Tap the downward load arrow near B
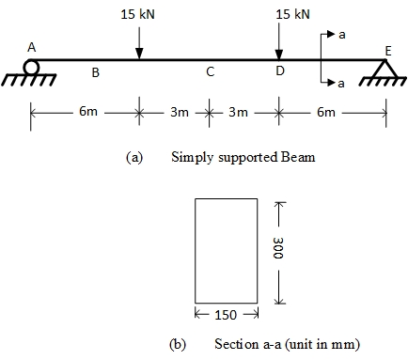138,42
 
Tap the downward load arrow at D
278,42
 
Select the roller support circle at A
32,67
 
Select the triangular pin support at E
383,69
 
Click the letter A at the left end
31,48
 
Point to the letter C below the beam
210,71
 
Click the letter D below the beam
278,71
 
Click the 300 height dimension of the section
278,249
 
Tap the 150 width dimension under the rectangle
226,313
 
